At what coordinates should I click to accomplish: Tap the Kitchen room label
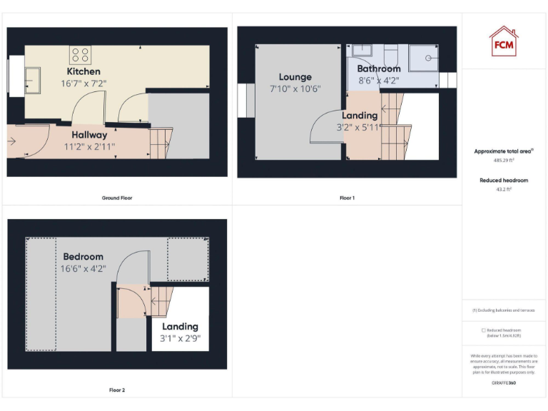pos(83,71)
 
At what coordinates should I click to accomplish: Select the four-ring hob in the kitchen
pos(80,55)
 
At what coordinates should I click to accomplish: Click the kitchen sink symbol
pos(33,80)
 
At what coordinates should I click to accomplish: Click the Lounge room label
pos(295,77)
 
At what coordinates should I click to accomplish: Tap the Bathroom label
pos(379,68)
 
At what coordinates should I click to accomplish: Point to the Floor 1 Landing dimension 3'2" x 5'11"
pos(360,128)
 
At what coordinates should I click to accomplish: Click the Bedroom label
pos(83,256)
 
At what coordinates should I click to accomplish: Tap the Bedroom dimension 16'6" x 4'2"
pos(83,269)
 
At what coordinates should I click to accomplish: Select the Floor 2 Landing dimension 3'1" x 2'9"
pos(180,339)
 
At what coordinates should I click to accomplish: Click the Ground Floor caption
pos(117,198)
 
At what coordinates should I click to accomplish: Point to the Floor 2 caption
pos(117,390)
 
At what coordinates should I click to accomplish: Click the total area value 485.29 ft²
pos(504,161)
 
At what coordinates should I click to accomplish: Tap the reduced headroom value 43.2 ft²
pos(504,190)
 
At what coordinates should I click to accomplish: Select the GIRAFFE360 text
pos(504,383)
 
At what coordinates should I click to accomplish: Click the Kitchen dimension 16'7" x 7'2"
pos(83,83)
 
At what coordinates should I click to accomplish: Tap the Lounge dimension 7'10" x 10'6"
pos(295,89)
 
